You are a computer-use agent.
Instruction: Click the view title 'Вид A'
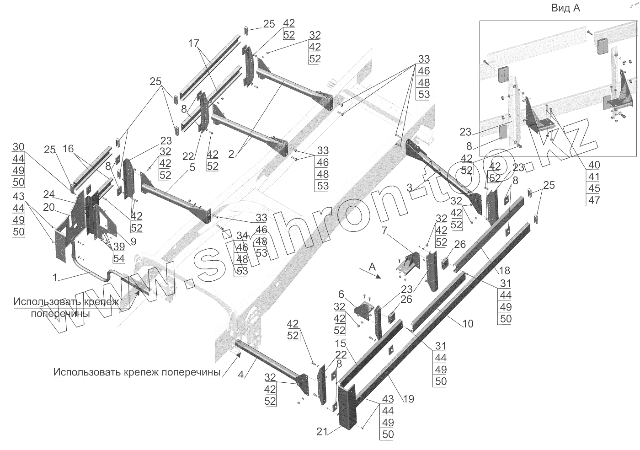click(565, 8)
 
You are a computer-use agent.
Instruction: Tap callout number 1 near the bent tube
click(55, 277)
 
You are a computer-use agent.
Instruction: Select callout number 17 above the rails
click(194, 44)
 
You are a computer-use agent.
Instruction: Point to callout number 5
click(192, 167)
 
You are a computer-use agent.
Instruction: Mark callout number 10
click(468, 324)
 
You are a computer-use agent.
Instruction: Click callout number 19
click(408, 399)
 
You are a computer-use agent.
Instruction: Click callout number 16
click(68, 149)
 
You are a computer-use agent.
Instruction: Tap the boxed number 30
click(19, 147)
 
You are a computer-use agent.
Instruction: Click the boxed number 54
click(119, 258)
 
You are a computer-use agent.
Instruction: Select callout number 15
click(340, 343)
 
